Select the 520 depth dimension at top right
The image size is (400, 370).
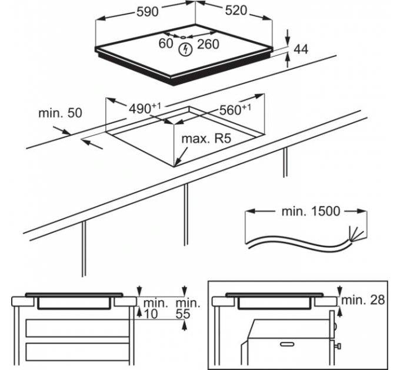(235, 12)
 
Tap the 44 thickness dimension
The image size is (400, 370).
(301, 49)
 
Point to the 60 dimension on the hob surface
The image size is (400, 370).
(166, 43)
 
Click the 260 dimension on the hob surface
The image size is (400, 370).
(208, 43)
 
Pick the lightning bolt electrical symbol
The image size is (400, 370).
(185, 49)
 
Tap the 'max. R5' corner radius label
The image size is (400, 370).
(205, 139)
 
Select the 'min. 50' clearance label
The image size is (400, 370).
(59, 113)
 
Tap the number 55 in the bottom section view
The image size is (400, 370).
(183, 314)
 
